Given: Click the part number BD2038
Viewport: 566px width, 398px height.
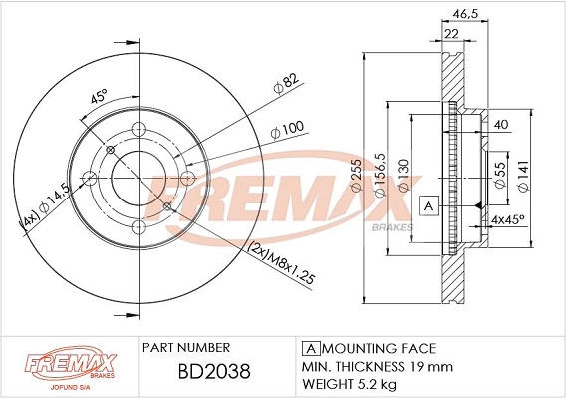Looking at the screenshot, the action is coord(214,371).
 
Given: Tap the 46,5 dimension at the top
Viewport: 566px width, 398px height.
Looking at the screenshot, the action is coord(465,13).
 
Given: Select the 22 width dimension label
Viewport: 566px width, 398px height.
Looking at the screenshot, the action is coord(451,34).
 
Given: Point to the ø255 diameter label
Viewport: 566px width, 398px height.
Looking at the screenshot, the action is coord(356,175).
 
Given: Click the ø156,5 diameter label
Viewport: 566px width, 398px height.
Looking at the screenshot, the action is coord(380,175).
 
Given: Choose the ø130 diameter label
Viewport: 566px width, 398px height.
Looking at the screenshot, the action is coord(403,175).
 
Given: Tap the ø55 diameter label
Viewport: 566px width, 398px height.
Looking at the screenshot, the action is coord(500,175).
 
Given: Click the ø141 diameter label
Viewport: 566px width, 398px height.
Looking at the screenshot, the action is coord(523,175).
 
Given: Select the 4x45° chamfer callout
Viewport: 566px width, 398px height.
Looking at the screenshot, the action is coord(508,219).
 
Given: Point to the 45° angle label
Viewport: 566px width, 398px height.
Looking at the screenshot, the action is coord(99,96).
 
